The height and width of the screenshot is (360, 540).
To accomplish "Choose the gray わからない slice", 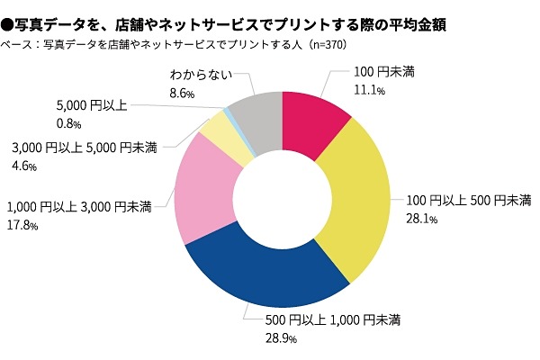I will (x=257, y=117).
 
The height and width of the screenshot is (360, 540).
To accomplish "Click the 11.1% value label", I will (x=370, y=91).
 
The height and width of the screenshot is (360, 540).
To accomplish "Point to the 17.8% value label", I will (x=22, y=226).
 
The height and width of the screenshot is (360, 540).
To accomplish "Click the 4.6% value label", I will (x=22, y=166).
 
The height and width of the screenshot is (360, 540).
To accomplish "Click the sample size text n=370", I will (x=321, y=44).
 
